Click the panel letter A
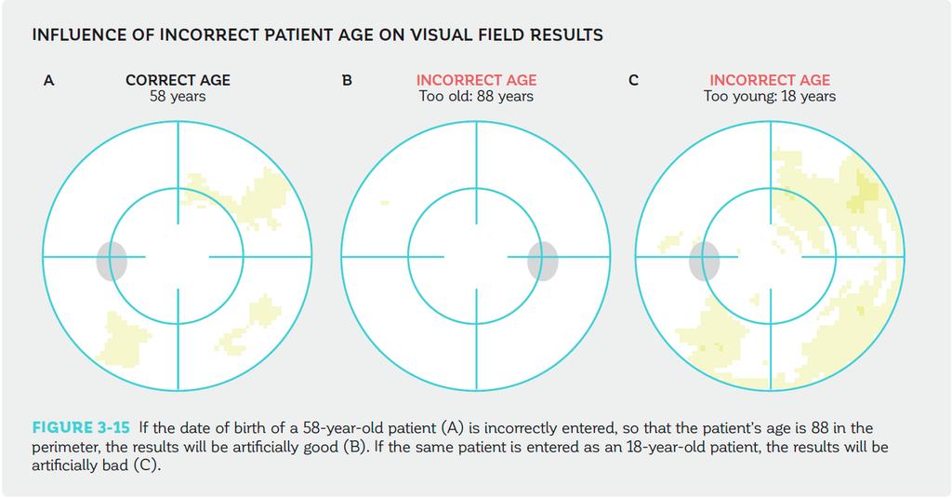tap(49, 80)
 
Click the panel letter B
tap(348, 80)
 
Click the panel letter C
tap(633, 80)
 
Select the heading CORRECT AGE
tap(178, 80)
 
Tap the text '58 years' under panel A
tap(178, 97)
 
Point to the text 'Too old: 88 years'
tap(476, 97)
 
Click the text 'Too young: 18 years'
tap(770, 97)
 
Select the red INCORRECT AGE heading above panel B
tap(477, 80)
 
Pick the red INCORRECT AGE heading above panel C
tap(770, 80)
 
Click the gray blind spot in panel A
tap(112, 261)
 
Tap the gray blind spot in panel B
tap(542, 261)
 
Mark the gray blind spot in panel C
tap(705, 261)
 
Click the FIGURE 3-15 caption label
tap(81, 427)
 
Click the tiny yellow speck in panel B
tap(384, 203)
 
